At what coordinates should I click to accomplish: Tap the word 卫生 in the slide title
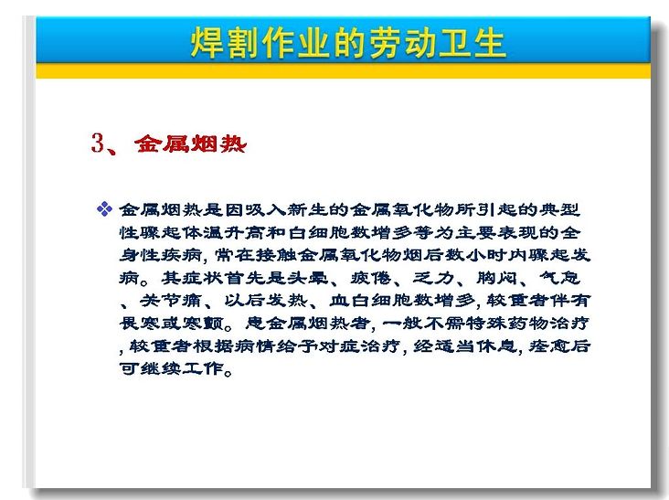473,43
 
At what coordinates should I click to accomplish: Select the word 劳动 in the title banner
401,43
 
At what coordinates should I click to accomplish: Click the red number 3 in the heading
98,143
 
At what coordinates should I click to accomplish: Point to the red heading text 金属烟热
190,144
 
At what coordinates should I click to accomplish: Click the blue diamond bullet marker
104,209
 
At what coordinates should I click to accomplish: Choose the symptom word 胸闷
496,278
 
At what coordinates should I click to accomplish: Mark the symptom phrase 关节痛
171,301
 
